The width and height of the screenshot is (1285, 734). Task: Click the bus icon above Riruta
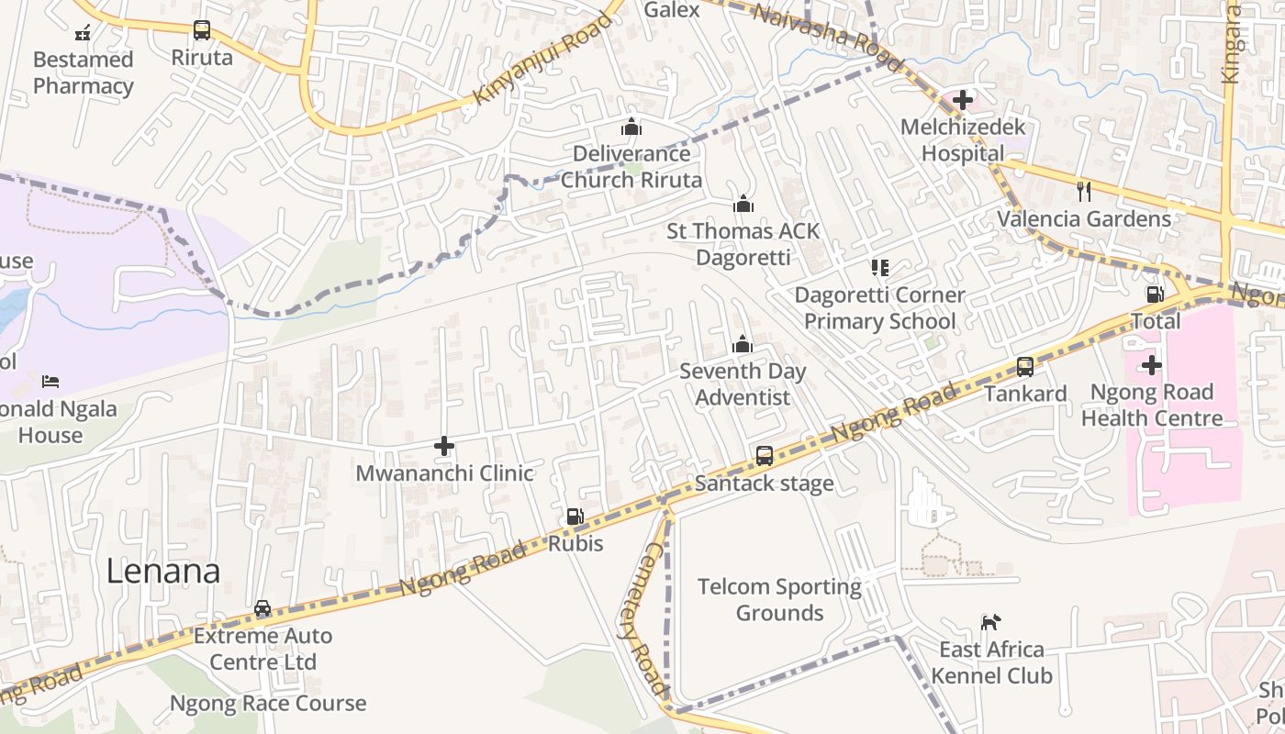202,30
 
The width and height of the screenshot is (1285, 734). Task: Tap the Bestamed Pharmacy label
83,72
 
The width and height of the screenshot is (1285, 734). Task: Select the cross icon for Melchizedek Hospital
962,99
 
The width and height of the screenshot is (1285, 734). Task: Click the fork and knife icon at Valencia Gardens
1084,191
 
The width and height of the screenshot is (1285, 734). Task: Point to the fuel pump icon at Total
1156,295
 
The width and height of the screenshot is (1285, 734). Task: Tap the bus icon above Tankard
1025,367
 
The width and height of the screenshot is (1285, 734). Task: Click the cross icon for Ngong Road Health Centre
1151,365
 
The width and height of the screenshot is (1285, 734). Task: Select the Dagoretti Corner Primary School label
879,308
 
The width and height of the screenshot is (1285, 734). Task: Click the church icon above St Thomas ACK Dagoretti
743,204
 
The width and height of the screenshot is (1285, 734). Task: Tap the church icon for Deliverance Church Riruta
631,127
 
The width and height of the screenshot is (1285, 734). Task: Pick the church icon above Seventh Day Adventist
742,345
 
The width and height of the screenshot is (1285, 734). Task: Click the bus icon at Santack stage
764,456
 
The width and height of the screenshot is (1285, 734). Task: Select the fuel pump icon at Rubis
575,517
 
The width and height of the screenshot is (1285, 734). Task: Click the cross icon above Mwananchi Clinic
444,447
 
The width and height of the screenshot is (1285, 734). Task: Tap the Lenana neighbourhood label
163,572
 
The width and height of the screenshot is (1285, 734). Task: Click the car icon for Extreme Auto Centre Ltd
263,608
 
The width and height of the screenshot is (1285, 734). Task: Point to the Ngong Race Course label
268,704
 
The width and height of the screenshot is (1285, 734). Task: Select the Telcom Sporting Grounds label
779,599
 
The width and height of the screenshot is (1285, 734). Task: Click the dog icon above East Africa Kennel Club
990,623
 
